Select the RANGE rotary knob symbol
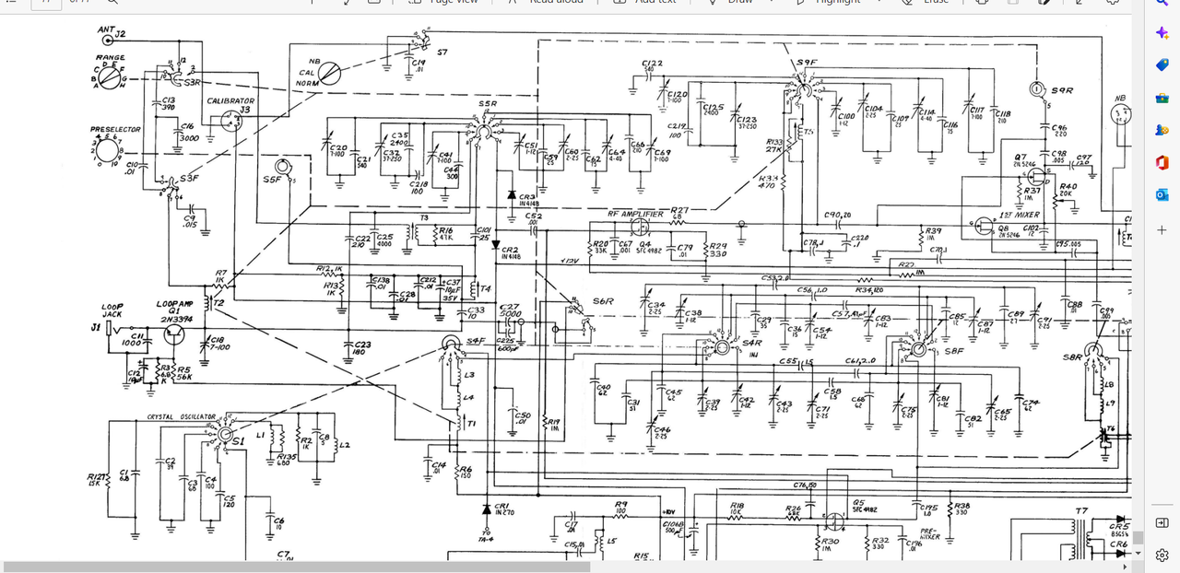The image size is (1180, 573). [110, 80]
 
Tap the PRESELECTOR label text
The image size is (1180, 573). [115, 130]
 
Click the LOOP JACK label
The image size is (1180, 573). [112, 310]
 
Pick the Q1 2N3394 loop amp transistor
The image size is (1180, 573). [174, 333]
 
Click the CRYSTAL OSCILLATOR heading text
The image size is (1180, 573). [182, 416]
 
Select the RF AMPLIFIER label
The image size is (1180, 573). [635, 214]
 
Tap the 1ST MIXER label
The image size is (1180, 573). [1021, 215]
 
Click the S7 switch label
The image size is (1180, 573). [442, 52]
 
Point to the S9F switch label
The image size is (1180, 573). [806, 64]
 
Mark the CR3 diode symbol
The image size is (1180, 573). [512, 195]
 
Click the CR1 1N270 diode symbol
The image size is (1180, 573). [486, 508]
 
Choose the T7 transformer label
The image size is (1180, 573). [1081, 510]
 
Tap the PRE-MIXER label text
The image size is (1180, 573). [928, 532]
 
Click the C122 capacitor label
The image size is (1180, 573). [653, 63]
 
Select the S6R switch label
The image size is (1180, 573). [603, 301]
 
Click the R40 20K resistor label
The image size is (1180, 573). [1068, 190]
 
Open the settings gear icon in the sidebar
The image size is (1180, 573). [1162, 555]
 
